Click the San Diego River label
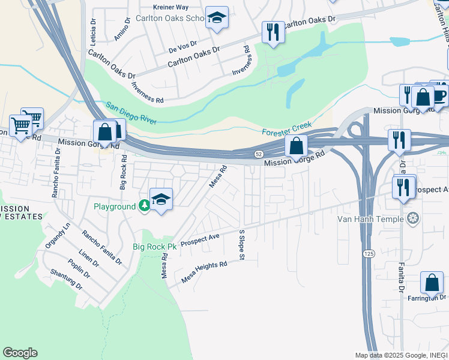131,113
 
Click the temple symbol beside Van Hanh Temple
412,218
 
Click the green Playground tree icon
144,206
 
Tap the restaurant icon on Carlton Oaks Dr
273,32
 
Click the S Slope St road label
242,244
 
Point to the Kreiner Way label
171,7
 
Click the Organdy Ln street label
58,236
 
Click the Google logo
20,353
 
